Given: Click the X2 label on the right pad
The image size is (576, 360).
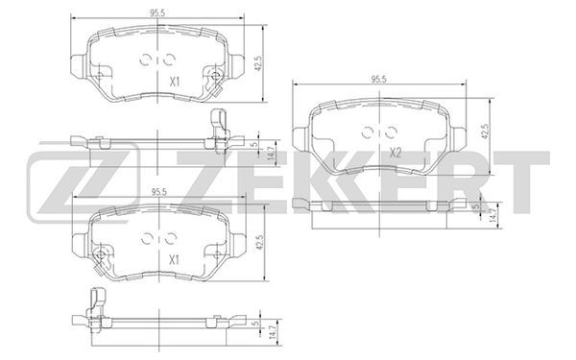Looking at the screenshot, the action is point(395,153).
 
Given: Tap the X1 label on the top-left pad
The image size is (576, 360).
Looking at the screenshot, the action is point(175,82).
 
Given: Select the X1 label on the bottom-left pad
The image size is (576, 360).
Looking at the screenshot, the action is point(174,260).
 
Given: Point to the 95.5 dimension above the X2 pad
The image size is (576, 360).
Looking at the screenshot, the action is point(379,79).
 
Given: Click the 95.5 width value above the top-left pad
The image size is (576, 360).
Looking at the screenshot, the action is point(157,12).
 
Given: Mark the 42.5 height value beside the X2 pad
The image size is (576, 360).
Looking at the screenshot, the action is point(486,132).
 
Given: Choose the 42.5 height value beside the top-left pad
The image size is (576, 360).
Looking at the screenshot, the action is point(258,63).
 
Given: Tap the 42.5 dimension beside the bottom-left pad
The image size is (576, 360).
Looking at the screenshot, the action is point(260,243).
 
